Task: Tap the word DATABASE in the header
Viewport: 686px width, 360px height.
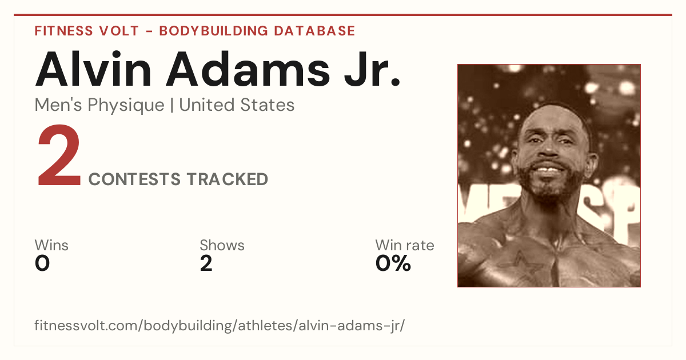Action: click(314, 31)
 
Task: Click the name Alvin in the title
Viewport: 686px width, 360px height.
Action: click(93, 69)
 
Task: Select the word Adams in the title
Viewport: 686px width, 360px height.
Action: click(248, 69)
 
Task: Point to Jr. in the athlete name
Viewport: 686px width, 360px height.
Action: click(372, 69)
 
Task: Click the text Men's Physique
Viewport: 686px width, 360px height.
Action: click(99, 105)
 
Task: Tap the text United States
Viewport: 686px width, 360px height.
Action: click(237, 105)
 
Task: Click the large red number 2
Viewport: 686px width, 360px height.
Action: click(59, 155)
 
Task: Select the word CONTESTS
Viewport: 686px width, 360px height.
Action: click(135, 179)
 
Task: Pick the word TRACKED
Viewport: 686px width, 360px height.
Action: click(228, 179)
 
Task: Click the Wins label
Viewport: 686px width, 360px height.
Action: click(51, 245)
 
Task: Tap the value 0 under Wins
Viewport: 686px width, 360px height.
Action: click(42, 263)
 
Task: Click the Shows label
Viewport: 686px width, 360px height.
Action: click(222, 245)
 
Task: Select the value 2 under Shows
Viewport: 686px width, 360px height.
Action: click(206, 263)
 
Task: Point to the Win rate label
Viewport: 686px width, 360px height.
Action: click(405, 245)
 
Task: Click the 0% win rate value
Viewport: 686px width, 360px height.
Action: click(393, 263)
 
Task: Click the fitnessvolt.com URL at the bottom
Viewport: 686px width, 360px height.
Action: click(220, 326)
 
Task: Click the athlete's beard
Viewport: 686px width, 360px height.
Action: click(550, 183)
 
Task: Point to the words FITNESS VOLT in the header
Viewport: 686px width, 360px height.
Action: click(87, 31)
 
